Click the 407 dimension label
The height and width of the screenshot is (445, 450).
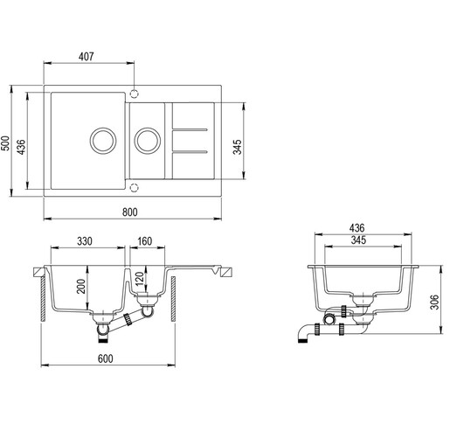[87, 57]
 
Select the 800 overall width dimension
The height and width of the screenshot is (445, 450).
[130, 211]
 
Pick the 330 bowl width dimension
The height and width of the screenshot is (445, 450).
[86, 241]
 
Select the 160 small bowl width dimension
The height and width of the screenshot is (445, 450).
[144, 241]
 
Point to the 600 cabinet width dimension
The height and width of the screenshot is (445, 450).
[104, 358]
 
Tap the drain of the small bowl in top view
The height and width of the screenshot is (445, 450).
[147, 139]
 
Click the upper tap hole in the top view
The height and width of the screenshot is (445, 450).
[134, 92]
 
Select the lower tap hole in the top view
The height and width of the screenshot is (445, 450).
[134, 186]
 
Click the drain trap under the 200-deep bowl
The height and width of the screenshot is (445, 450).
[104, 328]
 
